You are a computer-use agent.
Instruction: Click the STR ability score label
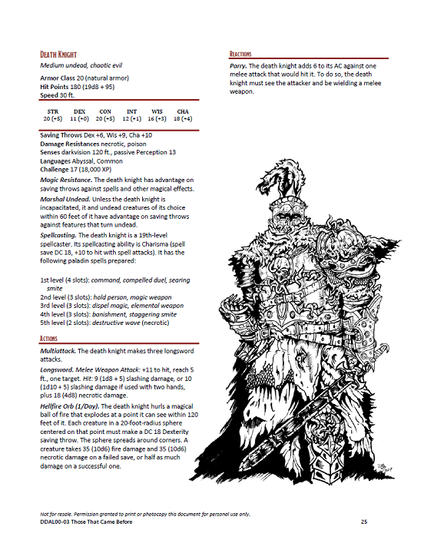pos(52,111)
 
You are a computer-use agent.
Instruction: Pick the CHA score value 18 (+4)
pos(182,119)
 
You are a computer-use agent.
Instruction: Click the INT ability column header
pos(131,111)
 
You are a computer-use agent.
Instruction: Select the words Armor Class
pos(57,78)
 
